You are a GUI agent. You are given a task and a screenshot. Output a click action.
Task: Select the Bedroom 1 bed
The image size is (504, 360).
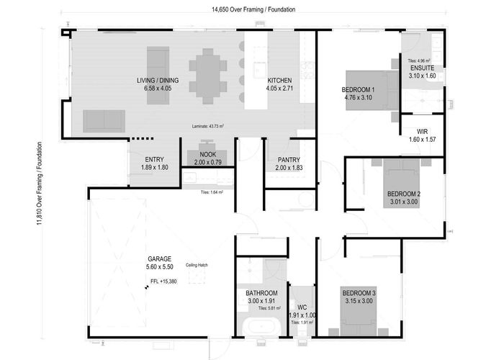tap(372, 90)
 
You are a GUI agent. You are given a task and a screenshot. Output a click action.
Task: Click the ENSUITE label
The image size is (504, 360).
tap(422, 68)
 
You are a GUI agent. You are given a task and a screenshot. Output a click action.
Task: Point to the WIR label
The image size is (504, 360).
tap(422, 132)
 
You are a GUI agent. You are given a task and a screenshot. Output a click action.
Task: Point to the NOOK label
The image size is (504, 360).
tap(207, 155)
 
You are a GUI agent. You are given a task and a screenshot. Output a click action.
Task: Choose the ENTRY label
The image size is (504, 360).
tap(153, 160)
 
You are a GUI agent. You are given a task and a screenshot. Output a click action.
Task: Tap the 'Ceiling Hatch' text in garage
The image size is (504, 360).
tap(197, 264)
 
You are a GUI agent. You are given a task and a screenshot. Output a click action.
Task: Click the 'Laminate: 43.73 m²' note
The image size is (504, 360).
tap(207, 125)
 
